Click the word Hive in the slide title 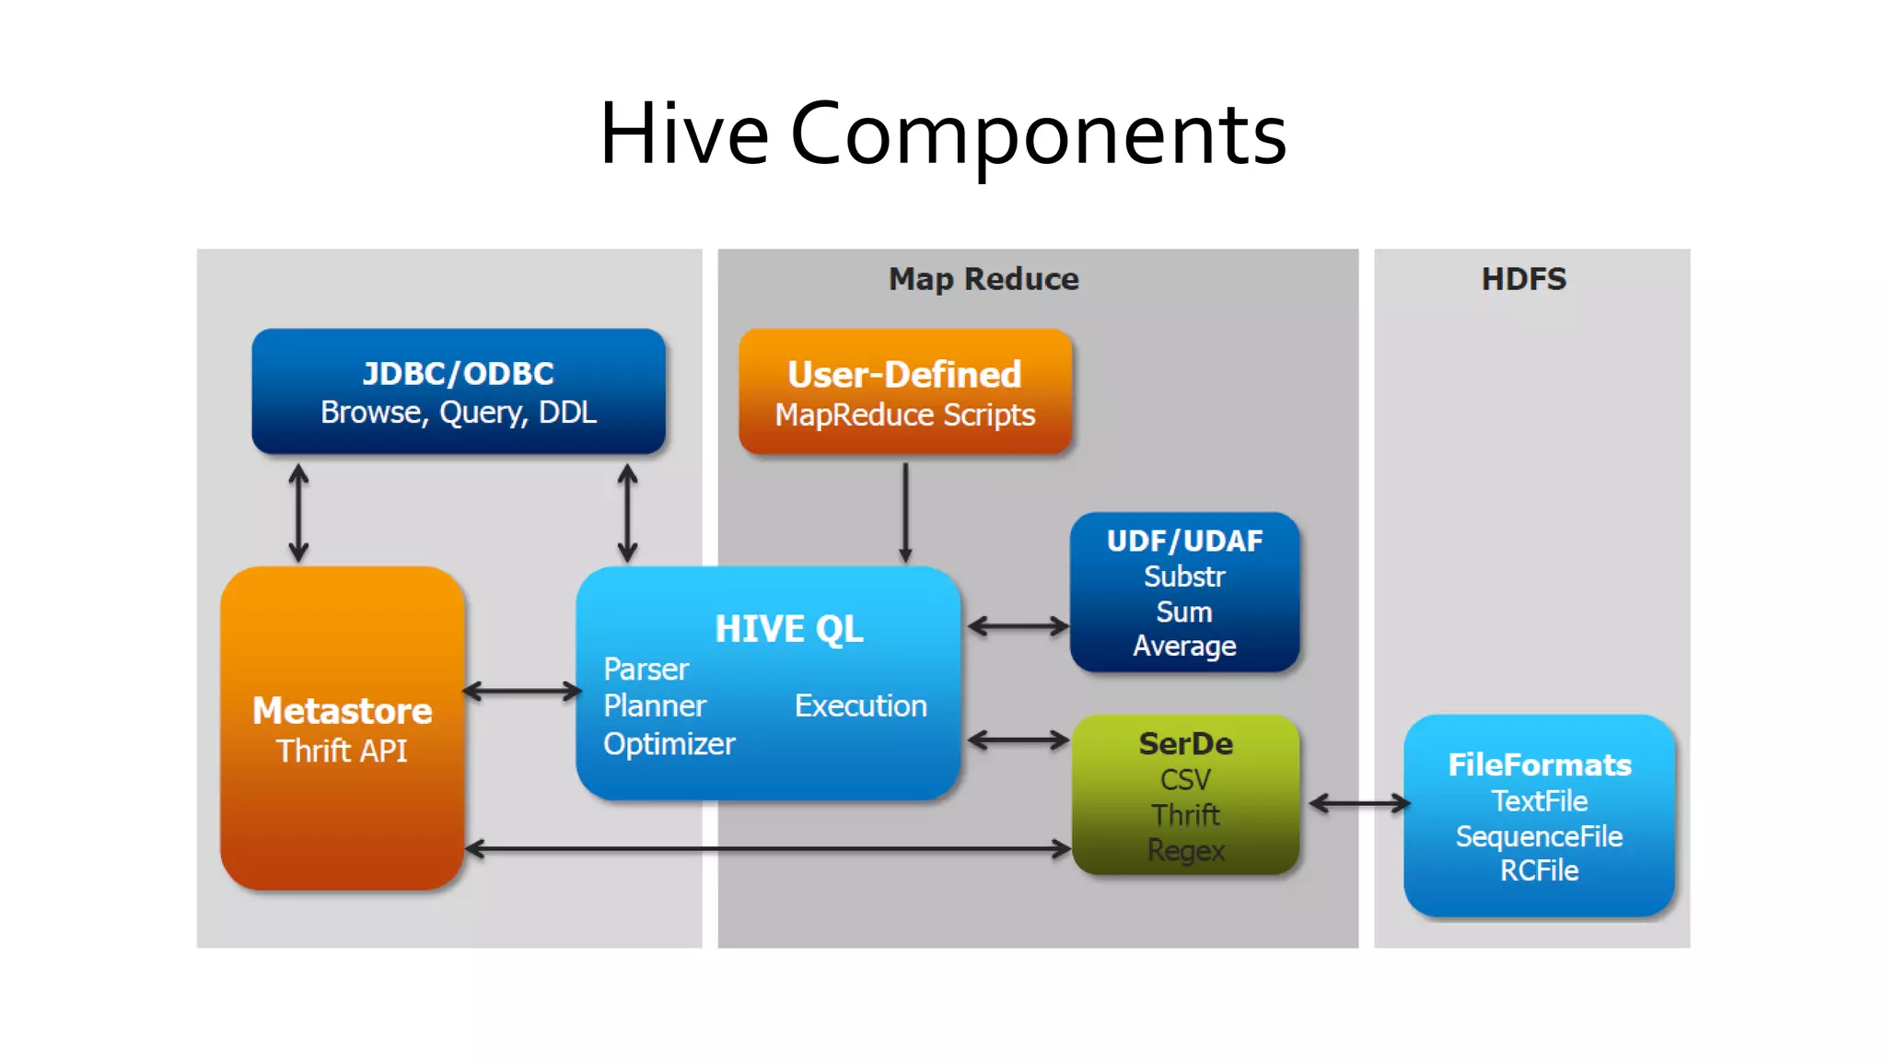683,134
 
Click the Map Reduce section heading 984,279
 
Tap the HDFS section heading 1523,279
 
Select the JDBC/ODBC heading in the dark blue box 459,373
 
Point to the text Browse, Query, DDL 459,413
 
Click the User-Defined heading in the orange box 904,374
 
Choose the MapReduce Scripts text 904,415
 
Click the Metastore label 342,711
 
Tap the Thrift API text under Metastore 342,752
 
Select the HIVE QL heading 789,629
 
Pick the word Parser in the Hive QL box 646,670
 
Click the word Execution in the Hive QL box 861,706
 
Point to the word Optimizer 669,744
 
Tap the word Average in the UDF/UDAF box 1184,647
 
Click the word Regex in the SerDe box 1185,850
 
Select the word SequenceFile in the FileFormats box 1539,836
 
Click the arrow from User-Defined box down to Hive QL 905,511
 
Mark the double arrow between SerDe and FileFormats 1359,804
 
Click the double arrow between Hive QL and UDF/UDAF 1018,627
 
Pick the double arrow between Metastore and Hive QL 521,691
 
